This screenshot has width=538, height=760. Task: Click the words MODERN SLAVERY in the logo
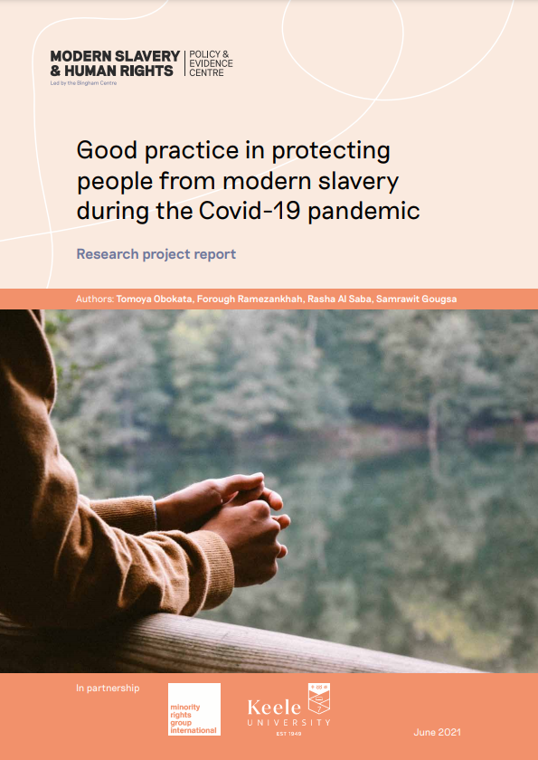pyautogui.click(x=115, y=56)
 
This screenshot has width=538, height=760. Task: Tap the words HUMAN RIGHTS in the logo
pyautogui.click(x=118, y=71)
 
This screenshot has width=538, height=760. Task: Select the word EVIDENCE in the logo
pyautogui.click(x=212, y=63)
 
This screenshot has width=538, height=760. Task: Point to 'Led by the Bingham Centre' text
pyautogui.click(x=83, y=83)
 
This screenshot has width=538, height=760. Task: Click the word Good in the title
pyautogui.click(x=107, y=151)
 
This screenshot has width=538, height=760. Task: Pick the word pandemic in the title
pyautogui.click(x=363, y=212)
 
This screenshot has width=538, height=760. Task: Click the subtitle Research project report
pyautogui.click(x=156, y=254)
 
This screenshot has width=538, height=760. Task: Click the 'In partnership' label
pyautogui.click(x=108, y=688)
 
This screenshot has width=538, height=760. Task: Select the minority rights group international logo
pyautogui.click(x=194, y=709)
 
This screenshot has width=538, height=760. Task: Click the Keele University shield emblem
pyautogui.click(x=318, y=698)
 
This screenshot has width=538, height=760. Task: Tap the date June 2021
pyautogui.click(x=438, y=732)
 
